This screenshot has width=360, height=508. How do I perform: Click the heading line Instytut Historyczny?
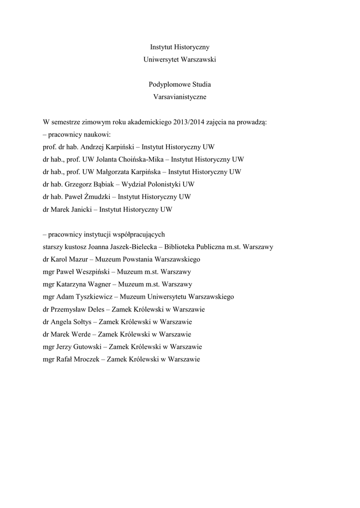click(x=180, y=47)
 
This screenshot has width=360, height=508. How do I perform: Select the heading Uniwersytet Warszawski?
click(x=180, y=60)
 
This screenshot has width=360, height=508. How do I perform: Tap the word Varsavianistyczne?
click(x=180, y=97)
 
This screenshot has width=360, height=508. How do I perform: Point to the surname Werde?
click(x=81, y=334)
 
